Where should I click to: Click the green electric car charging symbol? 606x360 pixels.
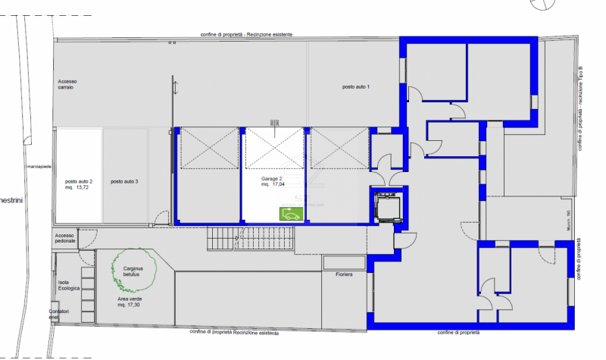click(x=288, y=214)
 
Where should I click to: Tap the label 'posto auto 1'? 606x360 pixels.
click(x=355, y=87)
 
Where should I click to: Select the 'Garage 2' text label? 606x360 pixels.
click(x=272, y=178)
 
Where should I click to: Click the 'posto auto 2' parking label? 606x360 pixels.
click(x=79, y=181)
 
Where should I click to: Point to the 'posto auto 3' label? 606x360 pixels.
click(x=124, y=181)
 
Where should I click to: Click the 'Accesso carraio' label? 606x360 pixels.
click(x=67, y=84)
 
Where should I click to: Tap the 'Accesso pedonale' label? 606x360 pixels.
click(x=65, y=238)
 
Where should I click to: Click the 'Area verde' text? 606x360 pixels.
click(x=129, y=299)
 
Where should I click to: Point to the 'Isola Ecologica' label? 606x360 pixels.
click(x=69, y=285)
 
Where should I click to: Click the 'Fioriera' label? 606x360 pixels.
click(x=345, y=274)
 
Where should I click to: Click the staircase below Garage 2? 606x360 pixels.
click(x=250, y=239)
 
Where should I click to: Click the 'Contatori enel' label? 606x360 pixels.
click(x=59, y=314)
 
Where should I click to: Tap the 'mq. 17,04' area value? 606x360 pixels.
click(x=273, y=184)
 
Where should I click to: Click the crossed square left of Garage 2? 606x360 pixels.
click(x=208, y=149)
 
